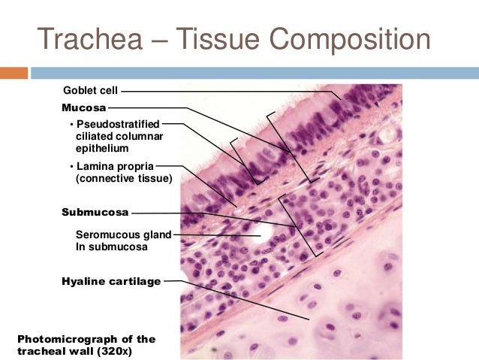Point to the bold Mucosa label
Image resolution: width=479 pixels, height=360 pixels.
(83, 107)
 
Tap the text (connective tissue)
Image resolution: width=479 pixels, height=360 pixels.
(124, 179)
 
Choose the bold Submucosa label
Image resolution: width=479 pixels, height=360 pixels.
(95, 212)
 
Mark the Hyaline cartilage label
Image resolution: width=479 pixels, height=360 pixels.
(111, 281)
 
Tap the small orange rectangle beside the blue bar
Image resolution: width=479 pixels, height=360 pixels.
(14, 73)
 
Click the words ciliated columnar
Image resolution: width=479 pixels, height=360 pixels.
(119, 136)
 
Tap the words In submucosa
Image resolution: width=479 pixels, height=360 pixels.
(112, 246)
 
